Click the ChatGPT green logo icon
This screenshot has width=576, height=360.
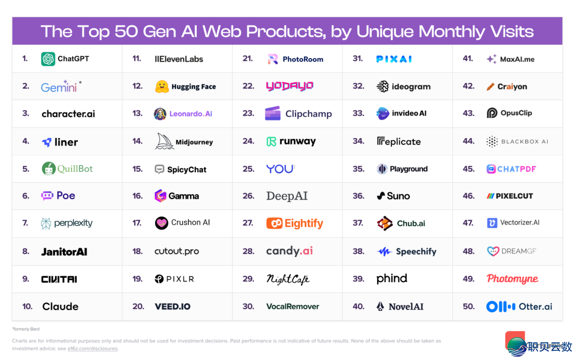48,59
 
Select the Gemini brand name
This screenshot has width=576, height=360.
59,87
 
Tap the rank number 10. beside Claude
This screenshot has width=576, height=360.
27,306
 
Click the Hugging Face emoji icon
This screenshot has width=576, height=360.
162,86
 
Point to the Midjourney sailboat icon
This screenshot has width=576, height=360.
165,141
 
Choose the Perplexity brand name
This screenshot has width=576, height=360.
73,223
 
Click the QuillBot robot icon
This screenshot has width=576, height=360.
49,169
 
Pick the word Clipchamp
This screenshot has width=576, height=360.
308,114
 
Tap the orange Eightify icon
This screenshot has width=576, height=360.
274,223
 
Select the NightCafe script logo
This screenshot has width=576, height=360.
287,278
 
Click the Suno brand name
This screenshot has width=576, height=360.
398,196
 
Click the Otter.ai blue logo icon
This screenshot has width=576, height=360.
500,307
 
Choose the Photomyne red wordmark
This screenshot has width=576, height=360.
512,278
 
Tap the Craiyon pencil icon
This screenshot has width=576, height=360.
491,86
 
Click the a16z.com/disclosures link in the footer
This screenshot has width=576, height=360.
92,349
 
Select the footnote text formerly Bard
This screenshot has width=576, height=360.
26,329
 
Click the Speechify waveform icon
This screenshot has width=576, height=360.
385,251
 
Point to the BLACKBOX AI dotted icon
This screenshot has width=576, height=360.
492,141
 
